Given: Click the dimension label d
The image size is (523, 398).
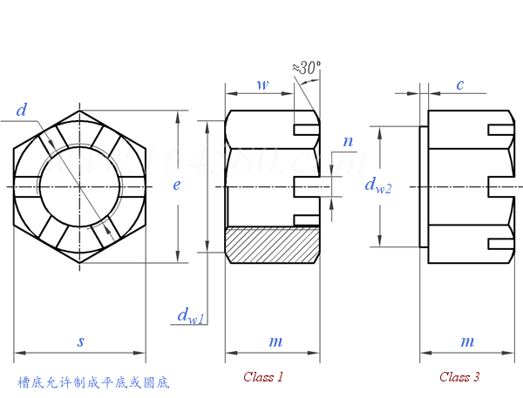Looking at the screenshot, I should (21, 111).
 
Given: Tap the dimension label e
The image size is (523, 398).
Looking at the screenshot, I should (177, 186).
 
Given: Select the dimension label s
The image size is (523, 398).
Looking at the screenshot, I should (80, 342).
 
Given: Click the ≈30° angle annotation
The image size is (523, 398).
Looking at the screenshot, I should (307, 67).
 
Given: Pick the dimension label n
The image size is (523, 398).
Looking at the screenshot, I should (348, 141).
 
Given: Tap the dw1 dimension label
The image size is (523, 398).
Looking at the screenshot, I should (190, 316).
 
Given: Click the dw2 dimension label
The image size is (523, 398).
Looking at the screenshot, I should (377, 185).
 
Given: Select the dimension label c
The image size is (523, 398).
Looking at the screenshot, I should (459, 84).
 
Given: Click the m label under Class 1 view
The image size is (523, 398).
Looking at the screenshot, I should (275, 342).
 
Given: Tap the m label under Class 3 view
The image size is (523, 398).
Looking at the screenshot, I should (468, 342).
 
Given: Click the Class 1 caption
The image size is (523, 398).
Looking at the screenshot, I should (263, 377).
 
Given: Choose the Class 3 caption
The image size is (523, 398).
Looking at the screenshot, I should (459, 377).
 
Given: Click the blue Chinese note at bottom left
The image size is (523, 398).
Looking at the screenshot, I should (93, 382).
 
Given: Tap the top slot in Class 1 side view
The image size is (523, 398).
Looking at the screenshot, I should (306, 130).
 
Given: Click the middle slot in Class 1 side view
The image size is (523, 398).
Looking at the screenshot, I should (306, 186).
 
